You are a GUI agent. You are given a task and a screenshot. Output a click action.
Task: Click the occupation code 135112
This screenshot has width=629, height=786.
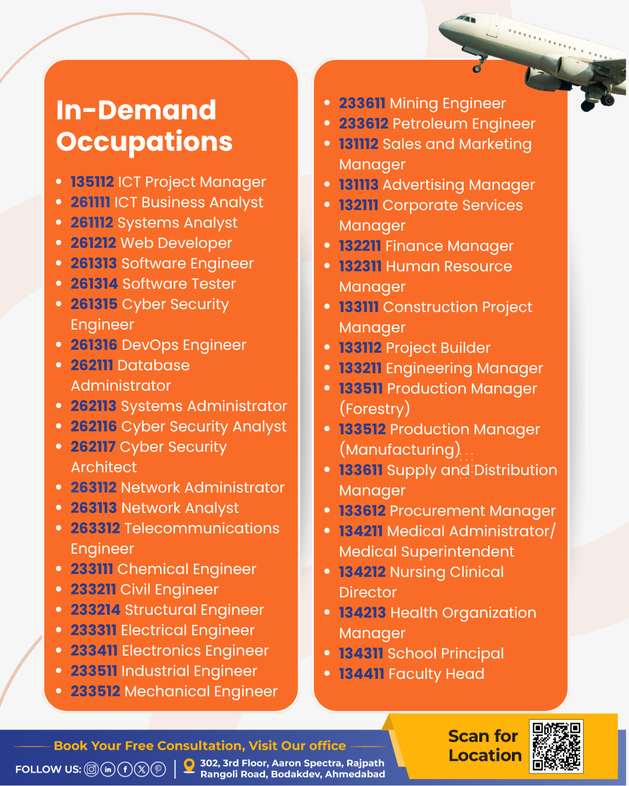tap(92, 182)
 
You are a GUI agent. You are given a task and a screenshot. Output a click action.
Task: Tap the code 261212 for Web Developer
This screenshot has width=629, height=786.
tap(93, 243)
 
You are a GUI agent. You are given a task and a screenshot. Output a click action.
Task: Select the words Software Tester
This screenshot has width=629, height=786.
tap(179, 284)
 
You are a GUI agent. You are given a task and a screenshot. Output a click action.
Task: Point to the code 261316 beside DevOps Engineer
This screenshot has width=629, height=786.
tap(94, 345)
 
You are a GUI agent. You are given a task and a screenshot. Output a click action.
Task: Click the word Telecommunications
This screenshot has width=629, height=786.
tap(202, 528)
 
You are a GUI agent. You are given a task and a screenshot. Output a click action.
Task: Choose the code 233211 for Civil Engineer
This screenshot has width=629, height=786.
tap(93, 589)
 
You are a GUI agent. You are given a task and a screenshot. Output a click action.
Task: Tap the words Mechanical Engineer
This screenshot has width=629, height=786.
tap(201, 691)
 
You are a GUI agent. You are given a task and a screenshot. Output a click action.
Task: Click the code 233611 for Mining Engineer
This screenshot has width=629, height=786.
tap(362, 103)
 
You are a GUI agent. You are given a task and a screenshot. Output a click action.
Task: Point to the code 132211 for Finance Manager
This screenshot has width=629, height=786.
tap(360, 246)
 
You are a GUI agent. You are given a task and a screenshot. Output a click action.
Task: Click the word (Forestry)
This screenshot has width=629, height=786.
tap(374, 409)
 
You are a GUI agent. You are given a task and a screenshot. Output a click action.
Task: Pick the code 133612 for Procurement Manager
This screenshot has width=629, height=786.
tap(362, 511)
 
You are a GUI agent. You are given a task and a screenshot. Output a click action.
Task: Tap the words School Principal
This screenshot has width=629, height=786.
tap(446, 653)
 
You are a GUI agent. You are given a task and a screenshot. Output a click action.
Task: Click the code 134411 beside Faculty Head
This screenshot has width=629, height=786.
tap(361, 674)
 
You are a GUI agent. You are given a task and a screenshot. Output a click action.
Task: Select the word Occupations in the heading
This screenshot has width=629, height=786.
tap(144, 141)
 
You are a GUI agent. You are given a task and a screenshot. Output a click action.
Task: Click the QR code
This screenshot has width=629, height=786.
tap(556, 746)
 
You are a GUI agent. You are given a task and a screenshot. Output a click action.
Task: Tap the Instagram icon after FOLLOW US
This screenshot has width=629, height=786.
tap(91, 769)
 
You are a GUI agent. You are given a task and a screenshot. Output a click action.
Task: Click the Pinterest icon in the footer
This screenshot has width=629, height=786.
tap(158, 769)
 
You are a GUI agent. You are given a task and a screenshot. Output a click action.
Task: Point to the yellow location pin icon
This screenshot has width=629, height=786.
tap(189, 766)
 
